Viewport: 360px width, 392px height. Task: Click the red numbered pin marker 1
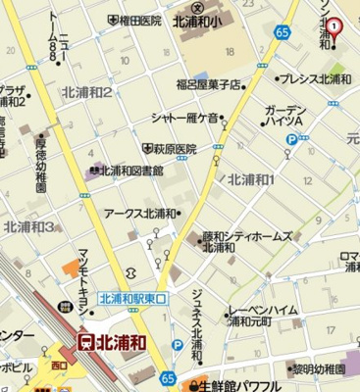click(334, 26)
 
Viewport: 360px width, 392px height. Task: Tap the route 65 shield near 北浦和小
click(283, 32)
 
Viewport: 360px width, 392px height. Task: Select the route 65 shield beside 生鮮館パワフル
click(169, 376)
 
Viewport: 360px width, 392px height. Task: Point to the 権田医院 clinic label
click(136, 20)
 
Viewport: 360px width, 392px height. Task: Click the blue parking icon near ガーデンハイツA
click(290, 140)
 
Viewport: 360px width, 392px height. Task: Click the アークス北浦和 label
click(143, 213)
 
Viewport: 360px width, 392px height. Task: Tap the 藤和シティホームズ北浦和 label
click(231, 242)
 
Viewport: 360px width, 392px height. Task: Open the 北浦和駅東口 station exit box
click(134, 298)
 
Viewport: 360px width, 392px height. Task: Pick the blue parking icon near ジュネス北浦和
click(178, 344)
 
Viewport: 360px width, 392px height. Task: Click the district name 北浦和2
click(87, 92)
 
